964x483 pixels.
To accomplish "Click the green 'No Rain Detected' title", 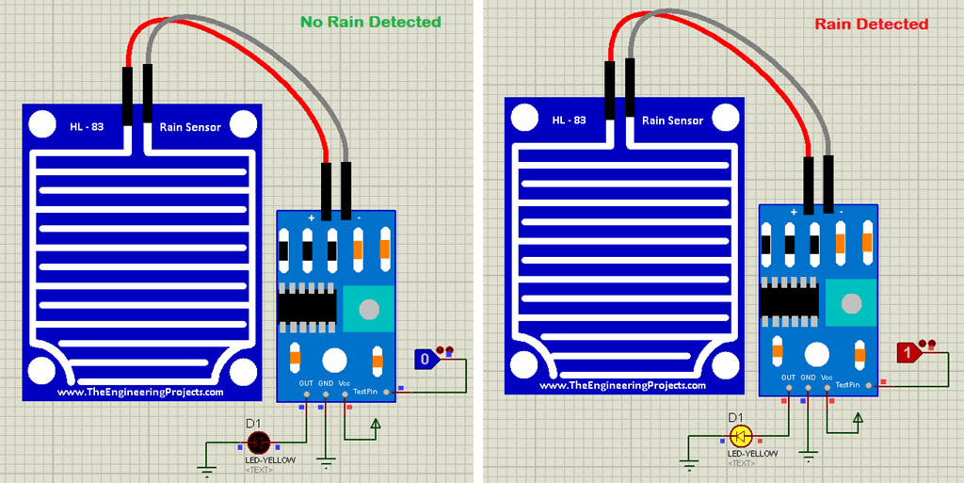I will click(x=370, y=22).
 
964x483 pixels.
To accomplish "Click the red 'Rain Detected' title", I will click(x=871, y=24).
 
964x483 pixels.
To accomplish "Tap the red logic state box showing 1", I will click(x=908, y=353).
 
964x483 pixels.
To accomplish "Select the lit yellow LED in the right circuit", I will click(x=741, y=436).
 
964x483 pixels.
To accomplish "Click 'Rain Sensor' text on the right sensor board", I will click(x=672, y=121).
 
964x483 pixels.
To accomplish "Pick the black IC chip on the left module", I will click(x=306, y=307).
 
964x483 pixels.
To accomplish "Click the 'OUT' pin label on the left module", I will click(x=306, y=383).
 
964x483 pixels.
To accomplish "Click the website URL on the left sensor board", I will click(x=140, y=393).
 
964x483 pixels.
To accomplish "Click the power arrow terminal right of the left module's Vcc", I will click(x=377, y=425).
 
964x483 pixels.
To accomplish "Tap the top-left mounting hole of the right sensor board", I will click(x=524, y=118).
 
